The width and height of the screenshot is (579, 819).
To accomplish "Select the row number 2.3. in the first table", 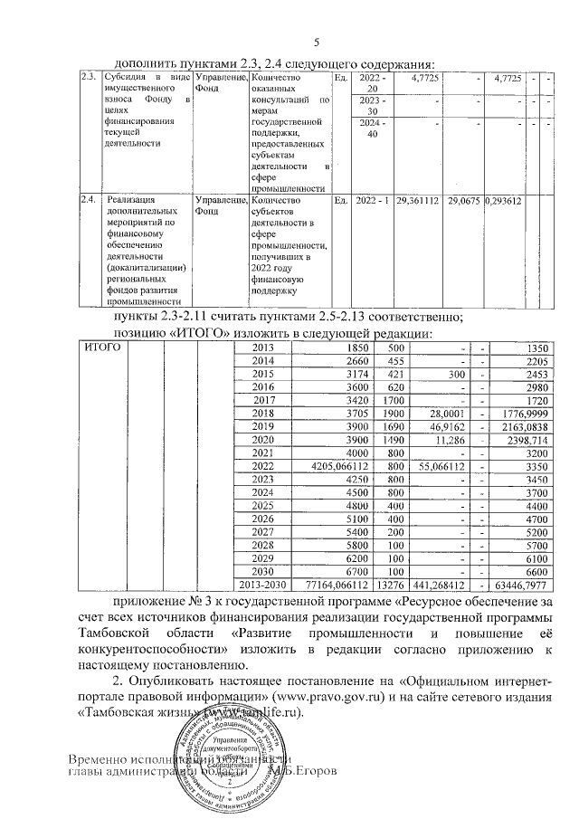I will [90, 79].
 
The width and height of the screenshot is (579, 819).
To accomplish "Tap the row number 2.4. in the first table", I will [90, 199].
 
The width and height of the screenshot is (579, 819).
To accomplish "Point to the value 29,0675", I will [462, 199].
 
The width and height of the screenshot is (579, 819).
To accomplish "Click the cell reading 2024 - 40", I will [371, 129].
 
